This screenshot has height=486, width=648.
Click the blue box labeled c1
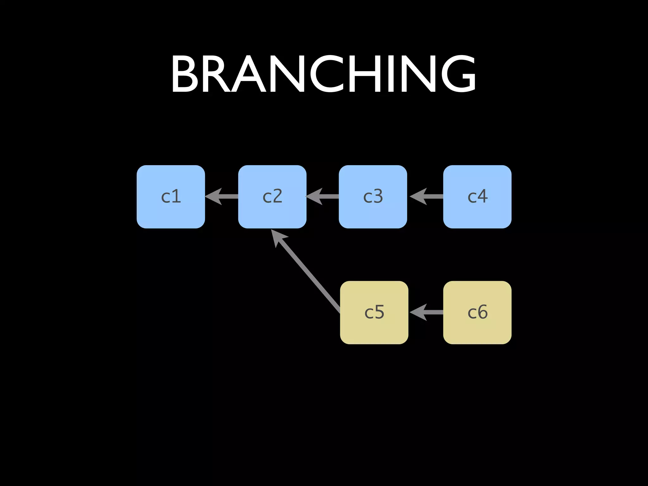point(171,196)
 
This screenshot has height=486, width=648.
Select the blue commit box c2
point(272,196)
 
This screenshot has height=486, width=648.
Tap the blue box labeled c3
point(373,196)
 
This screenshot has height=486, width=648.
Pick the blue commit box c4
point(477,196)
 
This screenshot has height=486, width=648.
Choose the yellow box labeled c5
point(374,312)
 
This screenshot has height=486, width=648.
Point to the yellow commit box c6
point(477,312)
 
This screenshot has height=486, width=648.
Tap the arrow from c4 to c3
point(427,196)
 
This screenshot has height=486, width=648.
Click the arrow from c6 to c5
point(427,312)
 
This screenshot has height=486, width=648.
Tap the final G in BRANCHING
point(458,74)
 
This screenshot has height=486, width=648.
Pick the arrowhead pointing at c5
point(418,312)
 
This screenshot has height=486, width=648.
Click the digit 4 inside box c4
point(482,196)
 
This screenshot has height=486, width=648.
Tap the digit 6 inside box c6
point(482,312)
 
